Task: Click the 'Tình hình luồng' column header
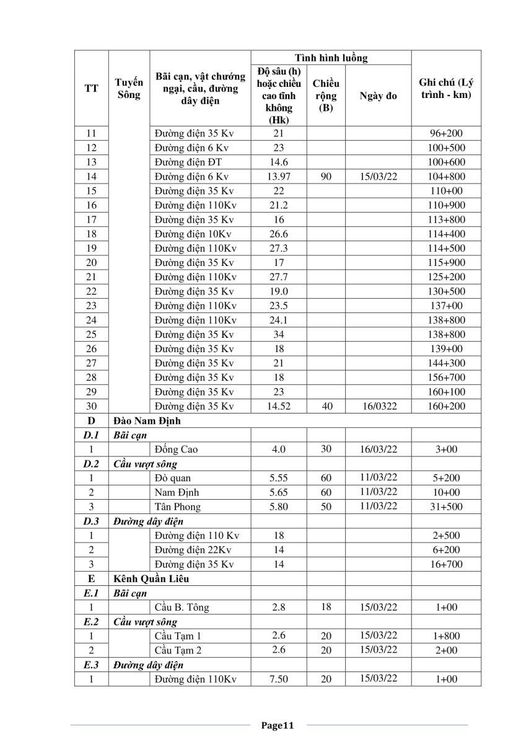[331, 58]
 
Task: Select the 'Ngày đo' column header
[378, 96]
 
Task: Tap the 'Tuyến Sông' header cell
[129, 89]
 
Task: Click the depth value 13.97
[279, 177]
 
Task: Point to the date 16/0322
[378, 406]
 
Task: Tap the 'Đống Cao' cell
[177, 449]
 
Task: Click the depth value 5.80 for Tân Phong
[279, 507]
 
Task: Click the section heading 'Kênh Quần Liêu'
[151, 579]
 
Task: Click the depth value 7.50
[279, 680]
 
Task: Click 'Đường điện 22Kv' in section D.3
[194, 550]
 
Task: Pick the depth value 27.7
[279, 277]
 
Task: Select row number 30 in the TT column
[91, 406]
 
